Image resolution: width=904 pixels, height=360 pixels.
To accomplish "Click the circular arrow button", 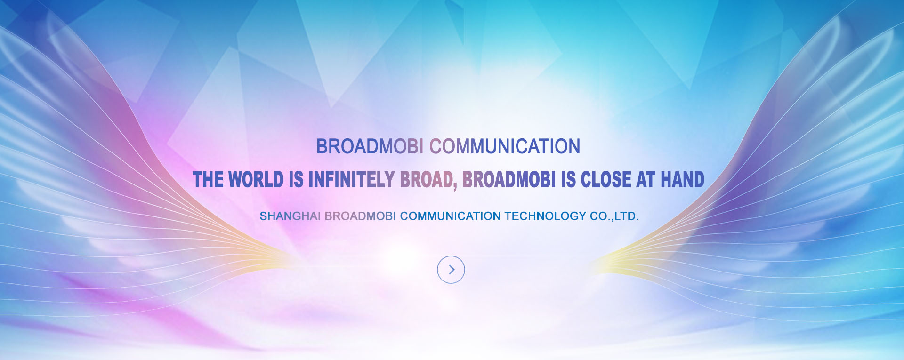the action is [x=451, y=270].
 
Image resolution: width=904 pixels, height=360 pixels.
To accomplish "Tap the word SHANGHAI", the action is [x=290, y=216].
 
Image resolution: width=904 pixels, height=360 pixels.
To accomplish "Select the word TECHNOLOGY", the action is [x=545, y=216].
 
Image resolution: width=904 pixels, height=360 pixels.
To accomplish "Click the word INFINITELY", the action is [x=351, y=180].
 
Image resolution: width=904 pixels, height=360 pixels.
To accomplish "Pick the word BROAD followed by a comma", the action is [x=428, y=180].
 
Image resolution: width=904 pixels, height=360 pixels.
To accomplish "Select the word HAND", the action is [x=682, y=180].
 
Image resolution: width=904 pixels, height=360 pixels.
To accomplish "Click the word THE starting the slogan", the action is [x=208, y=180].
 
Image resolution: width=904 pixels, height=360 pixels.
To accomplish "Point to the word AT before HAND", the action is [x=646, y=180].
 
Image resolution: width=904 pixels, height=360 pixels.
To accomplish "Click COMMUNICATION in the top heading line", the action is [x=505, y=146].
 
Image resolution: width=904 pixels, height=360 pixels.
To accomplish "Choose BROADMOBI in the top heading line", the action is [x=370, y=146].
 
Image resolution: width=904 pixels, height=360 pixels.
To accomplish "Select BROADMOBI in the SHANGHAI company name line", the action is [x=360, y=216].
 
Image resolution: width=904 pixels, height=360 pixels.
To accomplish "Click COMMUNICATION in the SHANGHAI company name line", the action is [x=451, y=216].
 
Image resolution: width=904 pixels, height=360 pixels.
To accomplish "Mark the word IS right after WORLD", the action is [x=296, y=180].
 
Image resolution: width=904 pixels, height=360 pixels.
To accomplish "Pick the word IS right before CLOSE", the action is [x=568, y=180].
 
